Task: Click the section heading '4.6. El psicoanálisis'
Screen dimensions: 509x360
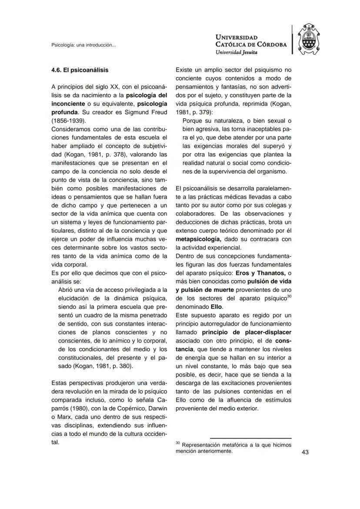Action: pyautogui.click(x=80, y=70)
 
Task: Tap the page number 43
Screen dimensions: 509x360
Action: pyautogui.click(x=305, y=452)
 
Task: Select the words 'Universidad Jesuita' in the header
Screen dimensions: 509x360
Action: pyautogui.click(x=236, y=52)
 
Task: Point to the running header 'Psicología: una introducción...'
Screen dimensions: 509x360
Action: pyautogui.click(x=83, y=45)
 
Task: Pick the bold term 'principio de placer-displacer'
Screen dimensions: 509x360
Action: pyautogui.click(x=247, y=332)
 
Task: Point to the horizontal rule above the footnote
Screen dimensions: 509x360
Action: pyautogui.click(x=250, y=438)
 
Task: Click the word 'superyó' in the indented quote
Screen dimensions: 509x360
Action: pyautogui.click(x=277, y=146)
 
